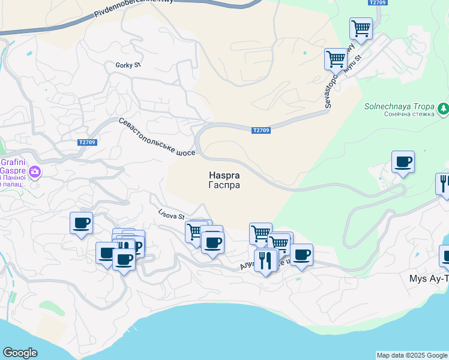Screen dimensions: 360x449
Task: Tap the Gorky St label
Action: click(128, 65)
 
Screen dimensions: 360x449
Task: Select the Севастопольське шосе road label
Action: click(157, 137)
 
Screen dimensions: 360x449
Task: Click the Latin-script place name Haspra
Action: click(224, 176)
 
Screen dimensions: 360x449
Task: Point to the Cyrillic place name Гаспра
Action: click(224, 185)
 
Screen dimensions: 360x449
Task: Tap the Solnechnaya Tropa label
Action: click(398, 107)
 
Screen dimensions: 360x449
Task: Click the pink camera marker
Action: click(35, 172)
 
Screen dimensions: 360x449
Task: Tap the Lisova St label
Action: click(172, 214)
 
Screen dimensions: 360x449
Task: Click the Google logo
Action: click(20, 353)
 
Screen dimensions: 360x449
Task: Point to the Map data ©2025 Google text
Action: click(412, 355)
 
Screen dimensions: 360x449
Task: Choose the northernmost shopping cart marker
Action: click(361, 28)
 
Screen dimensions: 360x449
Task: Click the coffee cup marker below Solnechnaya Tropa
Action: click(403, 162)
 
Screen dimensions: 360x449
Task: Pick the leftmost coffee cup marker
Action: click(81, 224)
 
